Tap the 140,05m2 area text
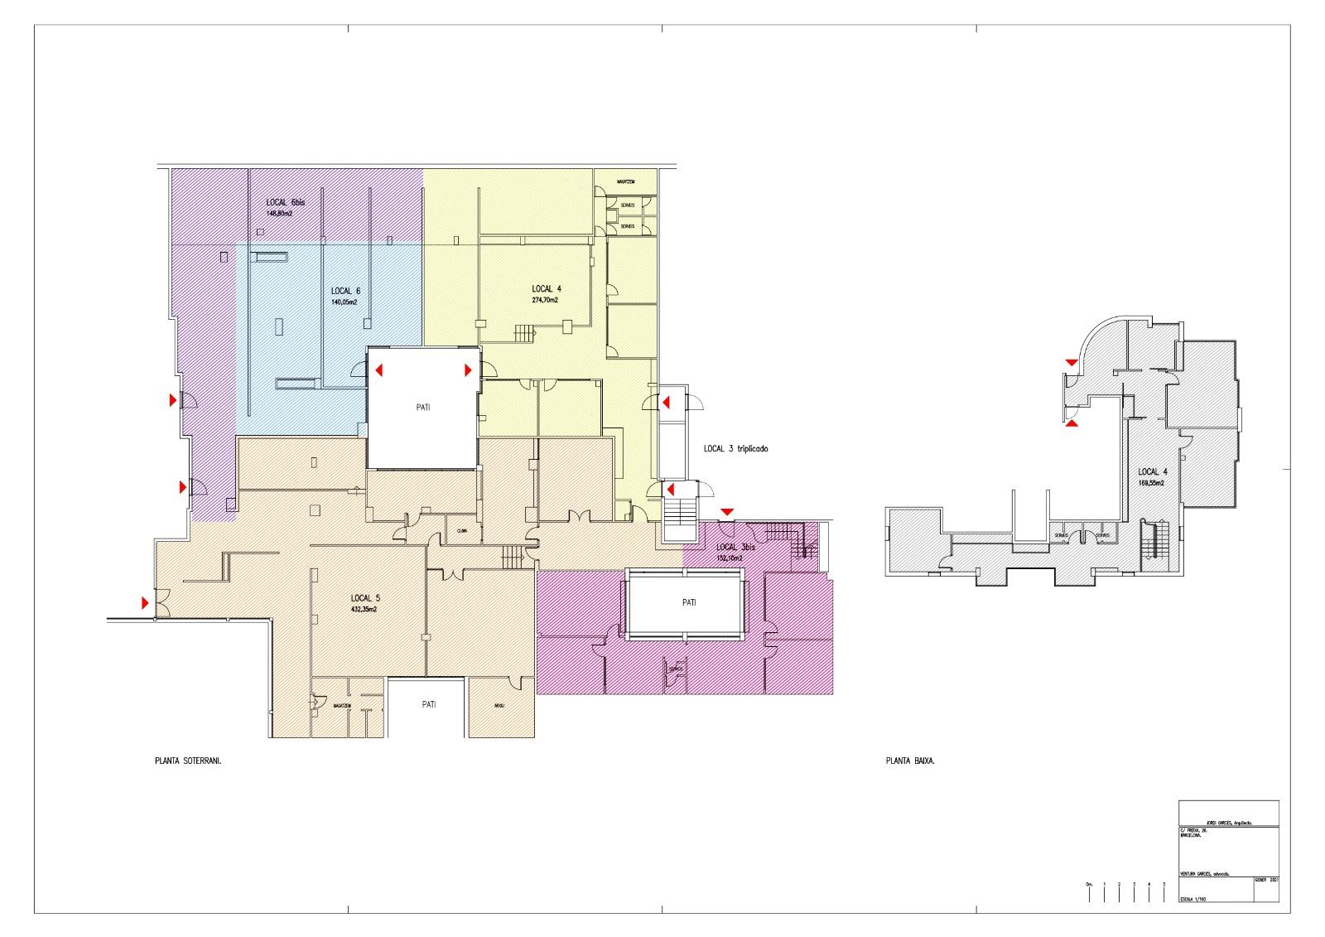pyautogui.click(x=344, y=302)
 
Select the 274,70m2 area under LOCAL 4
pyautogui.click(x=545, y=300)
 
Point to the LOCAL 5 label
pyautogui.click(x=365, y=597)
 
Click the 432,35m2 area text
pyautogui.click(x=365, y=609)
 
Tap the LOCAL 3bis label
pyautogui.click(x=735, y=548)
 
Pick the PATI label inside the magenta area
pyautogui.click(x=688, y=603)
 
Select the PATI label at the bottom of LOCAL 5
pyautogui.click(x=428, y=704)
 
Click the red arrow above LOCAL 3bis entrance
pyautogui.click(x=726, y=512)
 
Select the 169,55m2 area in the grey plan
pyautogui.click(x=1151, y=482)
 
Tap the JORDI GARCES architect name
pyautogui.click(x=1228, y=823)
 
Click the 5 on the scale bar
pyautogui.click(x=1164, y=885)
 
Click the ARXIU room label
pyautogui.click(x=499, y=707)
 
